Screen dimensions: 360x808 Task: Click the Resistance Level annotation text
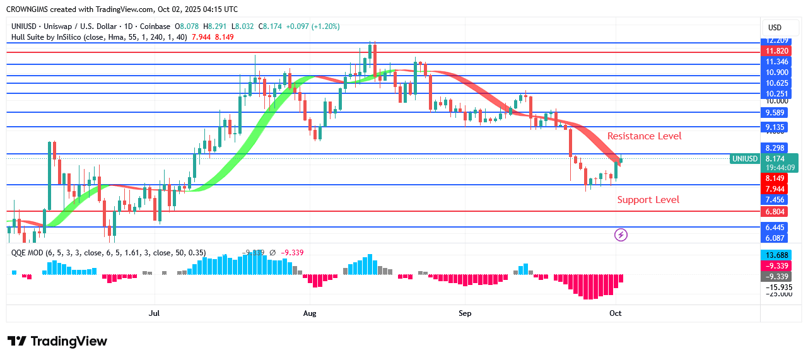tap(644, 136)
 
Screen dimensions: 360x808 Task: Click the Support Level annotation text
tap(648, 200)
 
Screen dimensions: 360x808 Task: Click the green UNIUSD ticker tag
tap(744, 159)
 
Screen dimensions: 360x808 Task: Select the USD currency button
tap(774, 27)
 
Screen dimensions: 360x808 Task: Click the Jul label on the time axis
tap(154, 313)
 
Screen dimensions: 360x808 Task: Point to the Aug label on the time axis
tap(310, 313)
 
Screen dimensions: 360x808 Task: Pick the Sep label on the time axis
tap(465, 313)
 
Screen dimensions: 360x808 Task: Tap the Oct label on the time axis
tap(616, 313)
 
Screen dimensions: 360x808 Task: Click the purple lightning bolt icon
tap(621, 235)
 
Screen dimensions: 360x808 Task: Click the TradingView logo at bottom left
tap(57, 341)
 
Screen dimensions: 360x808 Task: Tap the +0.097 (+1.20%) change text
tap(313, 26)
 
